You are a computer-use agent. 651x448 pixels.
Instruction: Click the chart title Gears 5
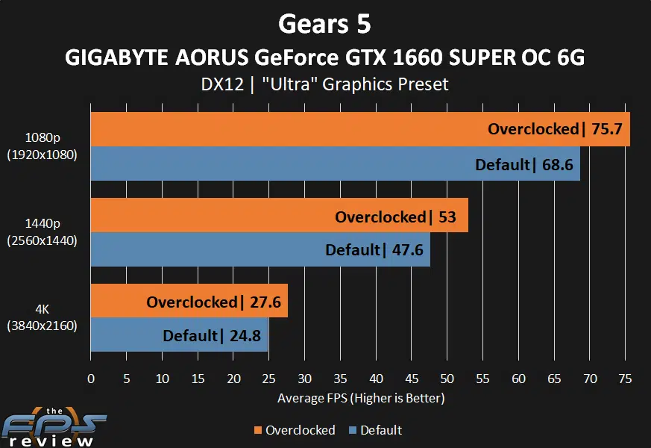coord(324,24)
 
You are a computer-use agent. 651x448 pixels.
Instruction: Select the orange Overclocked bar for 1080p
coord(283,129)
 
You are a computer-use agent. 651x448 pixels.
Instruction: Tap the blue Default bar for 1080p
coord(276,164)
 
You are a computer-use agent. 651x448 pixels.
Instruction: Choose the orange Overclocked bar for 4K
coord(119,301)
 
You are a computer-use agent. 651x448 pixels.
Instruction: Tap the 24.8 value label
coord(245,336)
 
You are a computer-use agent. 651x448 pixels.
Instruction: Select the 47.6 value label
coord(407,250)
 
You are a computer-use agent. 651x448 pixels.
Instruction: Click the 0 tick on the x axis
coord(91,379)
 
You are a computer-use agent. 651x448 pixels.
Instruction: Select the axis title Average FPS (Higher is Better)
coord(361,398)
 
